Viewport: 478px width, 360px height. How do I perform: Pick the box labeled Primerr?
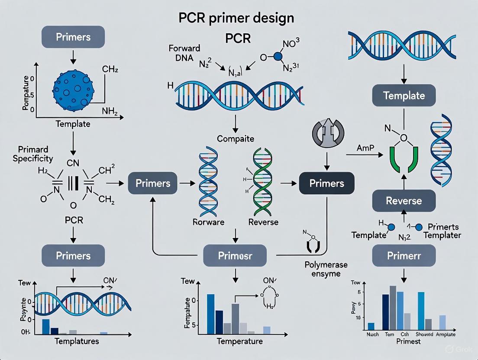pos(404,255)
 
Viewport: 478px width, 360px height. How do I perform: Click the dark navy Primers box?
pos(326,183)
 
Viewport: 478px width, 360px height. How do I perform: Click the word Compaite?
pos(235,139)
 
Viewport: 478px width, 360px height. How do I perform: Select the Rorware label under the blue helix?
pos(209,222)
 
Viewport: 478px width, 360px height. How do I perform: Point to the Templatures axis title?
pos(77,341)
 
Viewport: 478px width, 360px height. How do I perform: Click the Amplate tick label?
pos(447,334)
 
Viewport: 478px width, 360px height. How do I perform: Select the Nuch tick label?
pos(372,334)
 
